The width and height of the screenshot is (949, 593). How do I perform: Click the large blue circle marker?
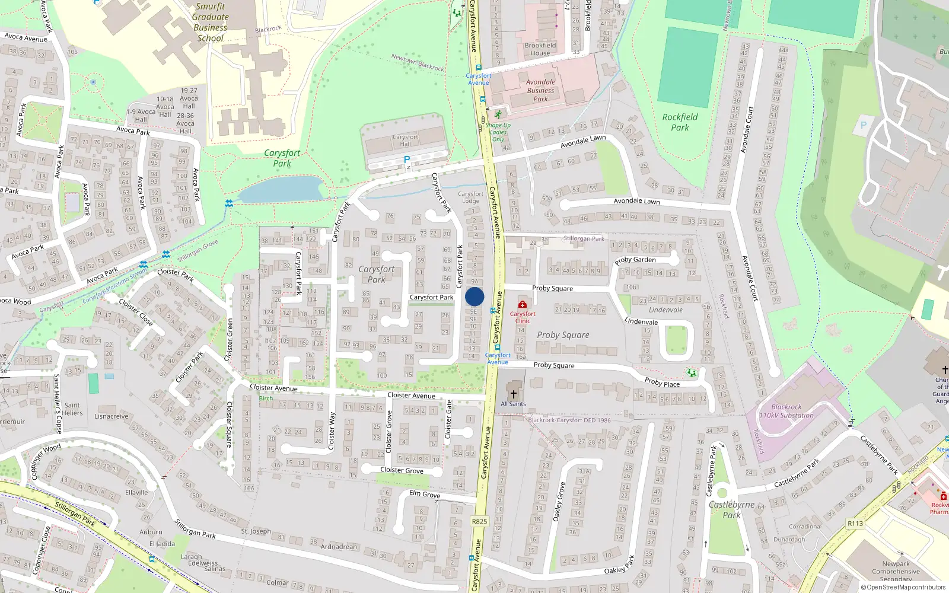tap(474, 296)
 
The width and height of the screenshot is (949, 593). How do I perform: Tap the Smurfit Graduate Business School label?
tap(210, 23)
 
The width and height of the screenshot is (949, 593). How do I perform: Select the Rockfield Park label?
tap(680, 122)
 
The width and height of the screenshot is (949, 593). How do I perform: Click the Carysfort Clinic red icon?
tap(522, 304)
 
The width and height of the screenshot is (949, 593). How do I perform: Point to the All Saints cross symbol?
tap(514, 394)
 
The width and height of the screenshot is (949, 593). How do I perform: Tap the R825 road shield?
tap(479, 522)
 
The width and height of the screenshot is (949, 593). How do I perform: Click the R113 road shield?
tap(855, 524)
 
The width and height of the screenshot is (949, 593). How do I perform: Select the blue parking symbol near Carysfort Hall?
tap(407, 160)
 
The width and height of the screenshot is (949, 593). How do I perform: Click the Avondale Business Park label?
tap(540, 91)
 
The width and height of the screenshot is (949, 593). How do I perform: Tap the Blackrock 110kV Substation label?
tap(786, 411)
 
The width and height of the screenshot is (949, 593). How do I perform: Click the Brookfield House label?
tap(540, 49)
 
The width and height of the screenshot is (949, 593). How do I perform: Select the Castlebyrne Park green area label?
tap(732, 509)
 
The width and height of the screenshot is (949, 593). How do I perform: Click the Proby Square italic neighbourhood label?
tap(563, 335)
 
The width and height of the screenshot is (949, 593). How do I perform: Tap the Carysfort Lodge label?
tap(471, 197)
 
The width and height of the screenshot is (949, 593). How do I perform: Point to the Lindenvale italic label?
tap(665, 310)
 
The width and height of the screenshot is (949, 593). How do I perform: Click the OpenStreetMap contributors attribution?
tap(903, 588)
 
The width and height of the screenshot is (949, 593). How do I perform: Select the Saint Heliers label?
tap(72, 409)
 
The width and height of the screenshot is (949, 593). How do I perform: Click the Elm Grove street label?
tap(425, 494)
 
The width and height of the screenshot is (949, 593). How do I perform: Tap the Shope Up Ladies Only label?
tap(498, 132)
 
